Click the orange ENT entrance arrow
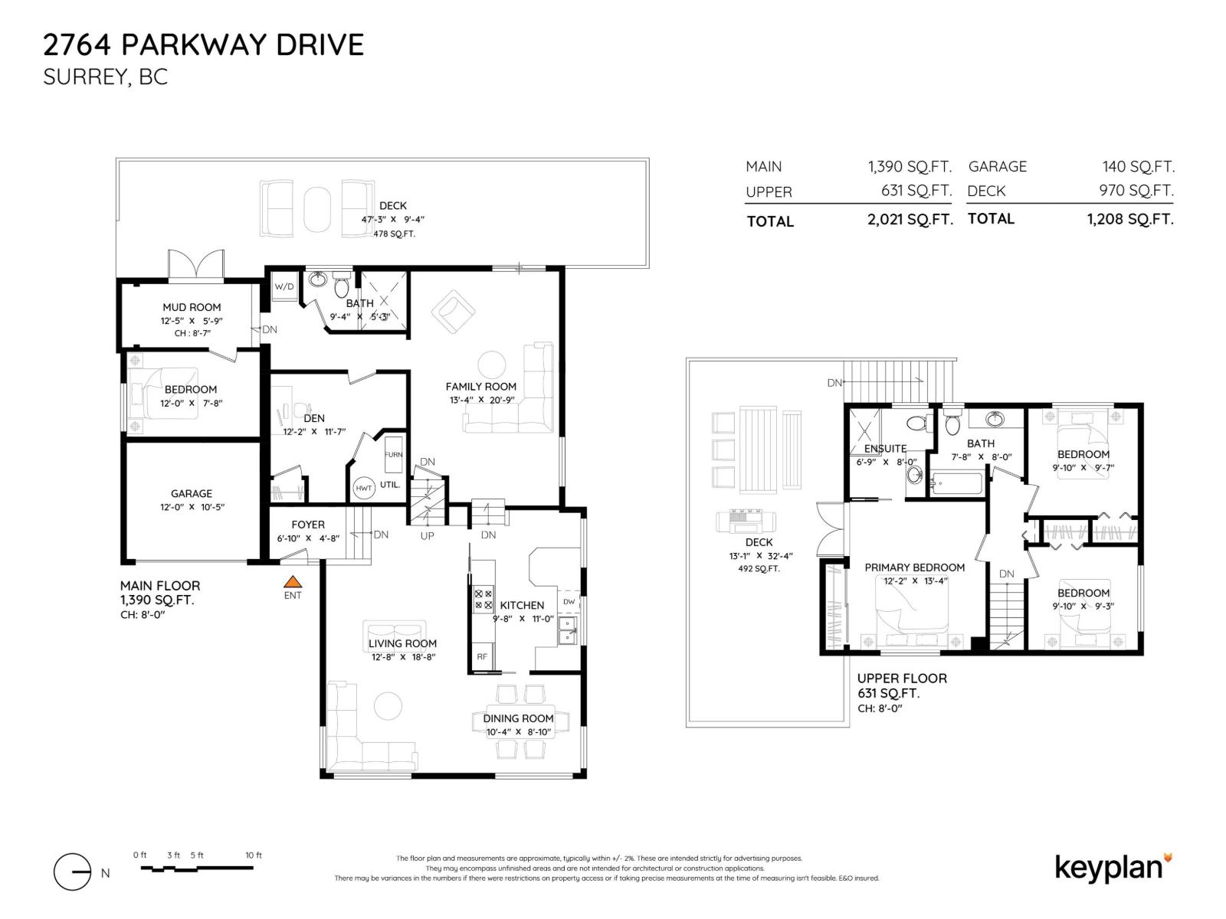tap(292, 582)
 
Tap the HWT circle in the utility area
tap(363, 489)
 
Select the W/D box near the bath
tap(284, 287)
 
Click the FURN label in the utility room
tap(393, 455)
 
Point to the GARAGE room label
tap(192, 494)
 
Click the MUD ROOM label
tap(192, 307)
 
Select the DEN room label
tap(314, 419)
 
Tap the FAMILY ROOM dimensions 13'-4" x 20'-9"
tap(481, 401)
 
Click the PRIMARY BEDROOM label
tap(914, 567)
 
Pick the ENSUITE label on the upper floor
tap(885, 449)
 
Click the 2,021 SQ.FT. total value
tap(910, 220)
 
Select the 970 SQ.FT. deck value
tap(1136, 191)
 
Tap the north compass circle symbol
tap(72, 872)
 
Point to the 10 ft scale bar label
tap(254, 855)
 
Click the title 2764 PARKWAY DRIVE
tap(203, 45)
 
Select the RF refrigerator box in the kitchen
tap(482, 657)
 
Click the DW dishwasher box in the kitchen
tap(569, 602)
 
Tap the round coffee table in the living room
tap(388, 706)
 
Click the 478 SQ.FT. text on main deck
tap(394, 234)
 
